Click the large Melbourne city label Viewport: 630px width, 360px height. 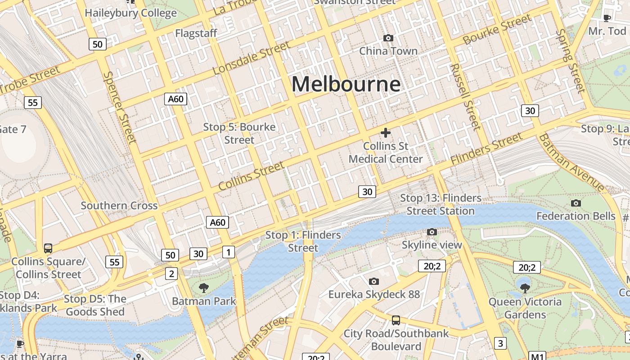(x=346, y=84)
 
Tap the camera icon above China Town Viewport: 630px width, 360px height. (x=388, y=38)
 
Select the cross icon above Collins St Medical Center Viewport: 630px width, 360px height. (x=386, y=133)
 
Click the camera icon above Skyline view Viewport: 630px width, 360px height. (x=432, y=232)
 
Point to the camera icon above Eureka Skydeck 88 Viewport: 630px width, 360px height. (x=373, y=281)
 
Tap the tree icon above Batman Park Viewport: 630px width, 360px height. (x=203, y=288)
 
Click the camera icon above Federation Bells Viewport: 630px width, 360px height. (x=576, y=203)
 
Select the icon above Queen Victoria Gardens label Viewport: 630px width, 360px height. (x=525, y=288)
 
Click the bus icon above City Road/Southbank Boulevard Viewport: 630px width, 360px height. (x=396, y=320)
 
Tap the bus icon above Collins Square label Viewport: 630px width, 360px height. (x=48, y=248)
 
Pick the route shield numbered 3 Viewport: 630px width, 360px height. (x=500, y=343)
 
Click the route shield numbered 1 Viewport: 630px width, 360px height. (x=229, y=252)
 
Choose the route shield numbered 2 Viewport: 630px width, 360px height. (x=171, y=273)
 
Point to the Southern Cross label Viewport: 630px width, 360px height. (x=119, y=206)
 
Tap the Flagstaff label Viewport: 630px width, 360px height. (x=196, y=33)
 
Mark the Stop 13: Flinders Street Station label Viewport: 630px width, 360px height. (x=441, y=204)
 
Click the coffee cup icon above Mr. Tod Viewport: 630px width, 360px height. (x=607, y=18)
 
